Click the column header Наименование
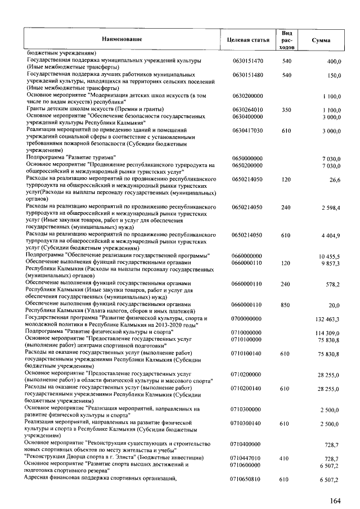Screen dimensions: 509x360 (x=121, y=39)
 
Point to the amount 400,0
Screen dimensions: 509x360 (x=334, y=60)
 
